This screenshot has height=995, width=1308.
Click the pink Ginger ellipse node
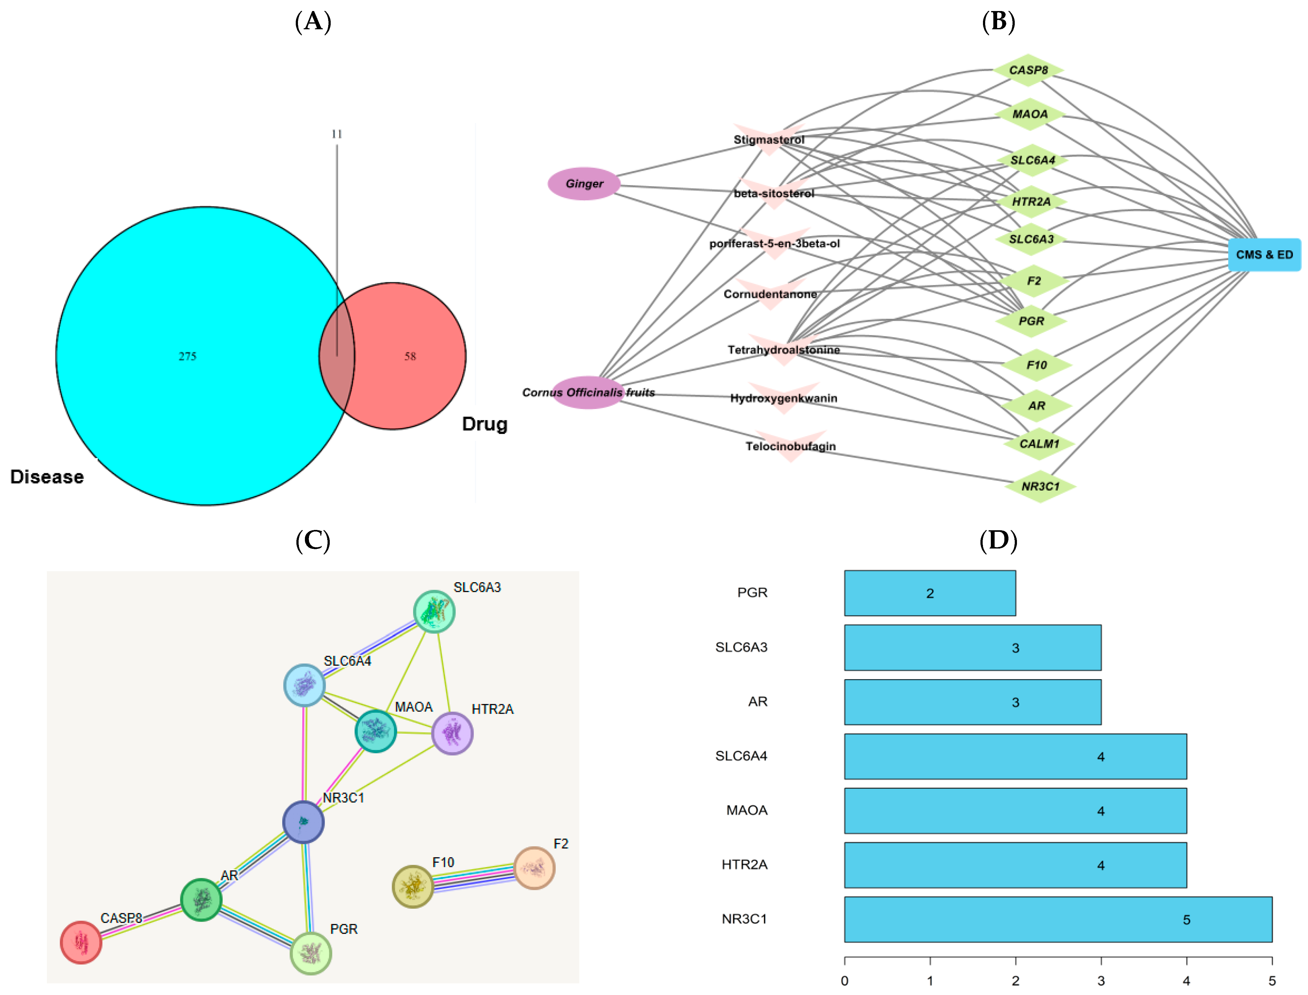click(584, 184)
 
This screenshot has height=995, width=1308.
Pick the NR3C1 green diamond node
click(1040, 486)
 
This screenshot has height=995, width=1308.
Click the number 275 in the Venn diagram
click(188, 356)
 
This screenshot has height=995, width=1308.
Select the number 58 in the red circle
click(410, 356)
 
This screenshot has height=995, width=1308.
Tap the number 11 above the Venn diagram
click(337, 134)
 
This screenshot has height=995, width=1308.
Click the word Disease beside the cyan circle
click(47, 477)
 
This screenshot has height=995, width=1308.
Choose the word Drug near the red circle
click(485, 424)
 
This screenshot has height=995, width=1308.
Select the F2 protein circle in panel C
click(534, 868)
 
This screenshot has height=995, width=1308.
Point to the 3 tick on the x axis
click(1101, 980)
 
